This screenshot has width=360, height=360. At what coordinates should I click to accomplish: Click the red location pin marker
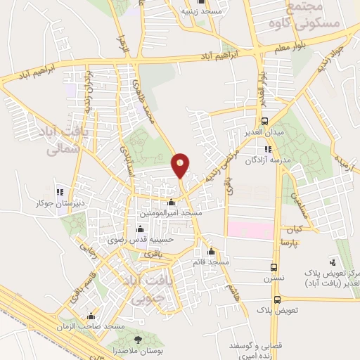point(181,165)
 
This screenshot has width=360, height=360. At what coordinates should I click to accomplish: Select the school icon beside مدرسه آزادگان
point(268,148)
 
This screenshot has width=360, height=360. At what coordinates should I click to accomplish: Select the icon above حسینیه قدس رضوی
point(140,229)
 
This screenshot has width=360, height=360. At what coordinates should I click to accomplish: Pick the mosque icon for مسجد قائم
point(210,252)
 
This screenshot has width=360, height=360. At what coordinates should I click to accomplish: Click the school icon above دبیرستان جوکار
point(60,192)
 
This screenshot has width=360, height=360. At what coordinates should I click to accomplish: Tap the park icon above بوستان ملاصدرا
point(137,340)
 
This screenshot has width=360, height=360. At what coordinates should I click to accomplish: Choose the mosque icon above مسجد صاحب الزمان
point(90,316)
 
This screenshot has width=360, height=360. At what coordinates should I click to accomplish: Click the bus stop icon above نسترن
point(274,267)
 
